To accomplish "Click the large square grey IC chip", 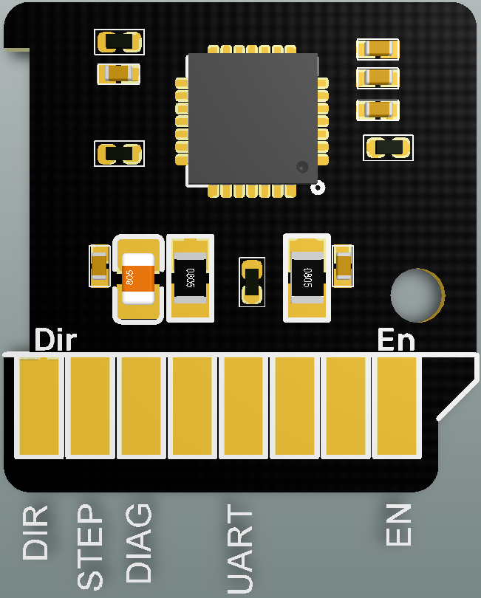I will pos(252,118).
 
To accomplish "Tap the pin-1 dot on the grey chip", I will pos(301,167).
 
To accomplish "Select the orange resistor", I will pos(138,278).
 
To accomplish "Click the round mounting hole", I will pos(417,295).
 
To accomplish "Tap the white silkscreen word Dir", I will pos(56,340).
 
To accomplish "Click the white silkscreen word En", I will pos(396,340).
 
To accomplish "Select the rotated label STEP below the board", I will pos(90,547).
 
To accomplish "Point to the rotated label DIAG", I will pos(138,543).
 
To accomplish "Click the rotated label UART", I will pos(239,551).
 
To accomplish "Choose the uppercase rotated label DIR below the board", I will pos(35,532).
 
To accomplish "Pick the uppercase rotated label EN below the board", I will pos(398,525).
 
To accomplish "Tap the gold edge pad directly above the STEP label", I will pos(90,406).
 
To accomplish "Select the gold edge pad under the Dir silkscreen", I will pos(38,406).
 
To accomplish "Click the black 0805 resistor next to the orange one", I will pos(190,278).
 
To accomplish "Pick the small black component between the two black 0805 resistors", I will pos(252,282).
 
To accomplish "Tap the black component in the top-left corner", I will pos(119,42).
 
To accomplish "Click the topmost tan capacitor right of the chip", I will pos(378,49).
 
